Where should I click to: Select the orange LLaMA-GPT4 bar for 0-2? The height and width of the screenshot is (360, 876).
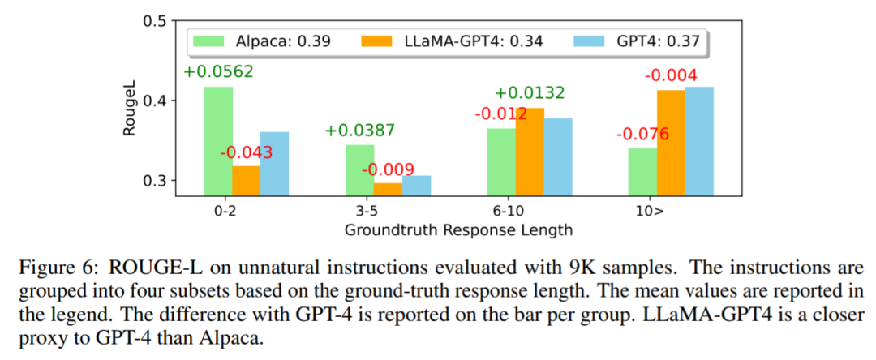click(247, 181)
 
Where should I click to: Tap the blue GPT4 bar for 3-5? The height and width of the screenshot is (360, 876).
click(417, 186)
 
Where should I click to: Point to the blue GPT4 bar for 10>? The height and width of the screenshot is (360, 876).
click(699, 141)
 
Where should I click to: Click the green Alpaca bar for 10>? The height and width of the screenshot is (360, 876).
click(643, 171)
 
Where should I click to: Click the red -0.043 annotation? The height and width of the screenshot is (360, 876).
click(246, 152)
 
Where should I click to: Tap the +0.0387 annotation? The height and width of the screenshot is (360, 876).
click(360, 131)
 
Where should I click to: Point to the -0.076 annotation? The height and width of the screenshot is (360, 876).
click(643, 134)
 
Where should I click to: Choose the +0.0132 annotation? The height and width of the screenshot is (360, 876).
click(530, 93)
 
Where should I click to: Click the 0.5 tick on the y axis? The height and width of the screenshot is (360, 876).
click(154, 20)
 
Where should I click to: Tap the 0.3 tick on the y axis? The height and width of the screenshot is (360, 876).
click(154, 180)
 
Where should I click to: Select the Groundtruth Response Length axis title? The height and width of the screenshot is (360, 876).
click(459, 229)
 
